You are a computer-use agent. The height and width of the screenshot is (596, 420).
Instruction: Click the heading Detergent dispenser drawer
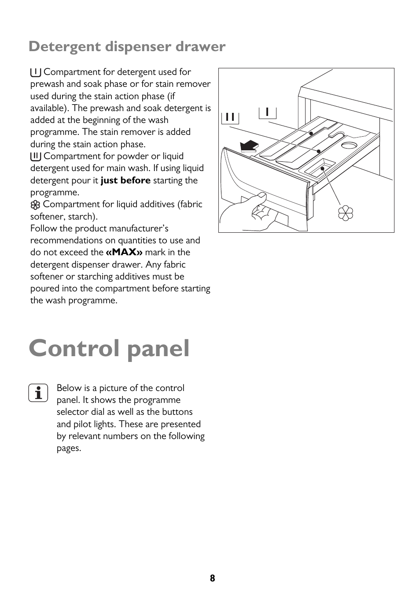127,47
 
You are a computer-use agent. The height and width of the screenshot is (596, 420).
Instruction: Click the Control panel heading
109,348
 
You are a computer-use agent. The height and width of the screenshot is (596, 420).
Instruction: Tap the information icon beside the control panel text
38,393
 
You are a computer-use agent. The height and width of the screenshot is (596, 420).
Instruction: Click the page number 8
212,578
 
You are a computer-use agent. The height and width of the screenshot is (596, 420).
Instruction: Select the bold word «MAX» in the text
124,253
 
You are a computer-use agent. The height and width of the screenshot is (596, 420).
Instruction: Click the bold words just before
125,181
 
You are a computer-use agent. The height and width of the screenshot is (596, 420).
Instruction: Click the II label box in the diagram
230,117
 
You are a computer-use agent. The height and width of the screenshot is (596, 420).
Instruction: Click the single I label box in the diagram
267,112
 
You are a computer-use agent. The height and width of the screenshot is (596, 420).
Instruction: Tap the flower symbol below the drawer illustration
345,213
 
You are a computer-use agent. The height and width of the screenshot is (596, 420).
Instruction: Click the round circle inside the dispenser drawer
350,145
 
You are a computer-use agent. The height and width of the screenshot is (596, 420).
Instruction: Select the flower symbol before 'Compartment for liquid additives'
35,205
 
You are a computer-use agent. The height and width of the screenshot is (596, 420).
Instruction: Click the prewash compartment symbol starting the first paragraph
36,72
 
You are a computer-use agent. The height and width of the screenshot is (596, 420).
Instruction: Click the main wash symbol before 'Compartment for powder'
36,156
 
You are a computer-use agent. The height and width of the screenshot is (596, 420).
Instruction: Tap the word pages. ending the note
69,448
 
